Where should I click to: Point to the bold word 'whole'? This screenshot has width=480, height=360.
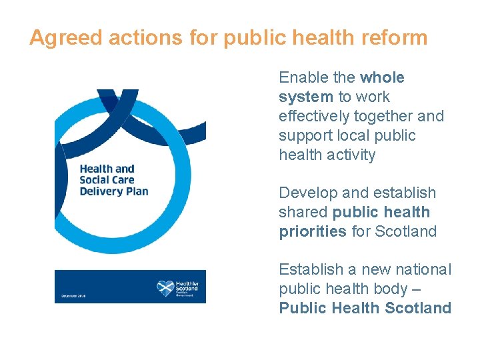click(x=382, y=77)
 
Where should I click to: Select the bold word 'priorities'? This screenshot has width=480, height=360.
click(x=313, y=232)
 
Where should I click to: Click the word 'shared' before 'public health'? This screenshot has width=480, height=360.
click(x=303, y=213)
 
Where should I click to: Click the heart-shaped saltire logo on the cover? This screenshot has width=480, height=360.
click(x=165, y=288)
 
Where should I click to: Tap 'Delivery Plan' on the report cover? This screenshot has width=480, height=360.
click(x=114, y=191)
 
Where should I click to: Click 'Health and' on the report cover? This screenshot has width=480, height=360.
click(x=107, y=169)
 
